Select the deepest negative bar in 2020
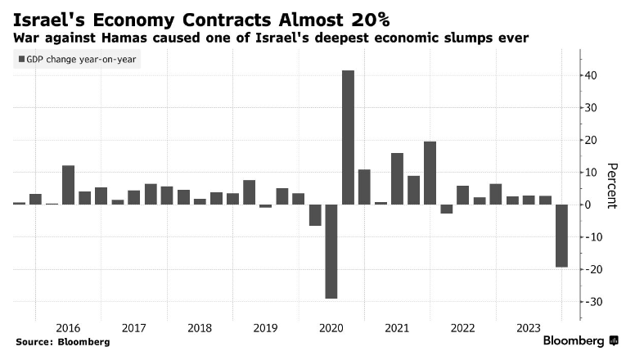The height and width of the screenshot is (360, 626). click(x=331, y=251)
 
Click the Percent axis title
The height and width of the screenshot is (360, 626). click(x=610, y=186)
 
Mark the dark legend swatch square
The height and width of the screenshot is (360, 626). click(x=20, y=60)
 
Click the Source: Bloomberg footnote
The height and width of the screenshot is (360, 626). click(x=61, y=341)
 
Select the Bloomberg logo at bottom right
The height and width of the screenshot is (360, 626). click(x=582, y=340)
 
